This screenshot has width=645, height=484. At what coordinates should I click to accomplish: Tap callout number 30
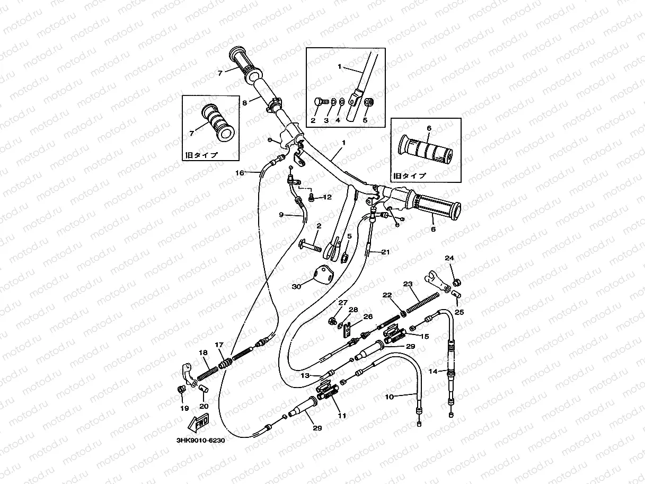click(296, 286)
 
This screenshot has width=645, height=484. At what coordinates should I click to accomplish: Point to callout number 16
click(240, 173)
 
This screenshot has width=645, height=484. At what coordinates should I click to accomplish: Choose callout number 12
click(327, 197)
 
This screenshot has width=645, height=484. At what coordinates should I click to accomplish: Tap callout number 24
click(449, 258)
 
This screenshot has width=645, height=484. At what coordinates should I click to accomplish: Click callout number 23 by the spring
click(408, 284)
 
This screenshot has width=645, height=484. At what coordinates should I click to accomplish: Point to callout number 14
click(433, 372)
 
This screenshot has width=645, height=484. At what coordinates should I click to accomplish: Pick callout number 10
click(403, 396)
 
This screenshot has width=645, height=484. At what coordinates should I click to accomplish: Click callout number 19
click(184, 408)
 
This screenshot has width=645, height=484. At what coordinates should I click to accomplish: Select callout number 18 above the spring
click(203, 353)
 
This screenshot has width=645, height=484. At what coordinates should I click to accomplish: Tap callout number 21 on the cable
click(385, 252)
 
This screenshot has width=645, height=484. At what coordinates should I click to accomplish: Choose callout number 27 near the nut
click(343, 303)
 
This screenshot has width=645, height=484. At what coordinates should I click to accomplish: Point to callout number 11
click(342, 416)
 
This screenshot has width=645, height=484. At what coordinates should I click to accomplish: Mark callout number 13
click(305, 375)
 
